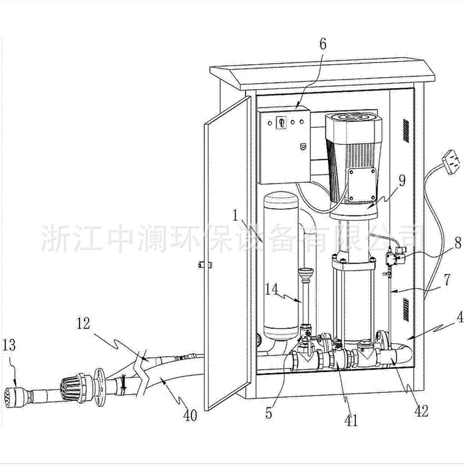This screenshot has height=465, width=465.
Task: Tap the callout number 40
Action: pos(191,416)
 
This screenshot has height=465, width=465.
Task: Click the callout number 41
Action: pos(351,420)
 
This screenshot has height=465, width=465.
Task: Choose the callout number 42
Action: pos(421,411)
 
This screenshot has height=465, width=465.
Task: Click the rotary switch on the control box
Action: pos(282,122)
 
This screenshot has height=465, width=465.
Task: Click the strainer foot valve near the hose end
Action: pos(73,387)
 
